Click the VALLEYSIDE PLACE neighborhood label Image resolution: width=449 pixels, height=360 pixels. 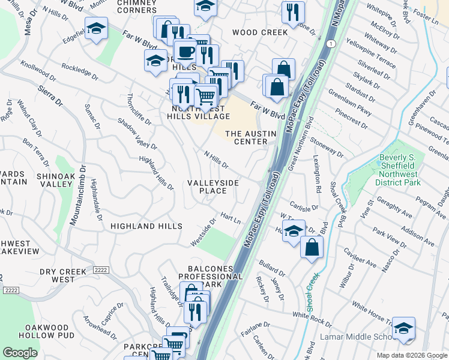[213, 187]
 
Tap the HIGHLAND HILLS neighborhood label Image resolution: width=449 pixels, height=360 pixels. [146, 226]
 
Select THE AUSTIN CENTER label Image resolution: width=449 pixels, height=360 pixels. [250, 137]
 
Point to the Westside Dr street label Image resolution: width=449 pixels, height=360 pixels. [203, 231]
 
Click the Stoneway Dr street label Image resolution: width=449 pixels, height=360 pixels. [328, 149]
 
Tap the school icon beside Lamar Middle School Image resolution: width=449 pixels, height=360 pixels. [403, 328]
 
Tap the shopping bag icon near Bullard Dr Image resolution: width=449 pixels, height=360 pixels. [312, 247]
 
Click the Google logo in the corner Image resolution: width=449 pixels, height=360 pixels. [20, 353]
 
